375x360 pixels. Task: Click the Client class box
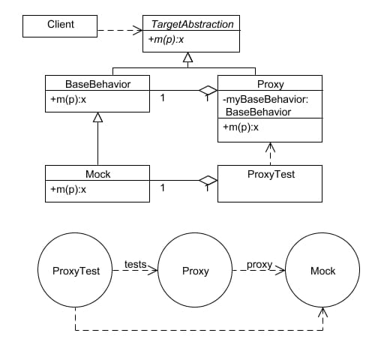[60, 25]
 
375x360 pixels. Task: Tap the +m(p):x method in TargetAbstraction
[166, 40]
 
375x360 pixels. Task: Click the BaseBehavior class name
[97, 84]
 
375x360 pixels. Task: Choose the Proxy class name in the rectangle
[270, 84]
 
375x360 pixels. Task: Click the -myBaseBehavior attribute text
[259, 104]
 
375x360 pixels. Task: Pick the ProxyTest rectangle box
[270, 183]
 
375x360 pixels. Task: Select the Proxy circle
[196, 271]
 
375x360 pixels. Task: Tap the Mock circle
[322, 271]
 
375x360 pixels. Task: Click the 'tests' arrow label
[135, 264]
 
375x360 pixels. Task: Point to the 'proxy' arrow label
[259, 264]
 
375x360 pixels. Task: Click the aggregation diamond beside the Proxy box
[208, 91]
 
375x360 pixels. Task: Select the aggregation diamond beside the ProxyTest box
[208, 181]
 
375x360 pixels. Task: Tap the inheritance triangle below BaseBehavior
[97, 118]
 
